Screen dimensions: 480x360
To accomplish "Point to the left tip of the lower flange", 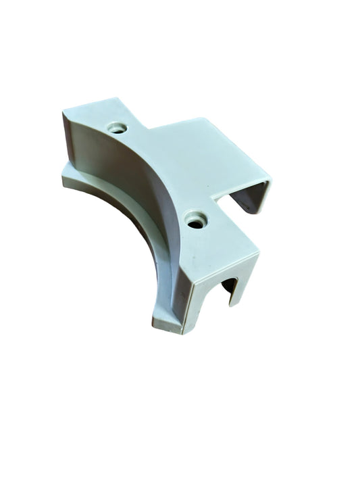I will pyautogui.click(x=63, y=177).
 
